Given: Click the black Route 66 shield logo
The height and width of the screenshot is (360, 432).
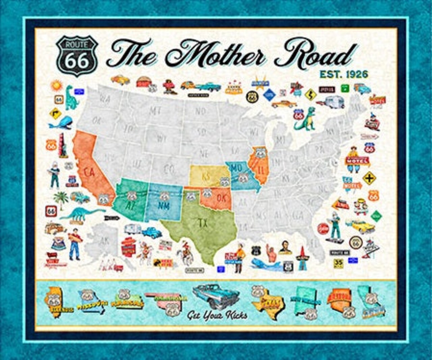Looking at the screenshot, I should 77,56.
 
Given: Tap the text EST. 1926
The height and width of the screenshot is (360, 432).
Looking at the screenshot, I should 344,74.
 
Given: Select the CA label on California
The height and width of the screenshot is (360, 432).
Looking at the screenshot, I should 89,173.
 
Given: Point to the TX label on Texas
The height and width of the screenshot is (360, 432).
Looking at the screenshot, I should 202,222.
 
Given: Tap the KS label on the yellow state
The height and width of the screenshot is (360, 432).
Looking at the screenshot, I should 206,176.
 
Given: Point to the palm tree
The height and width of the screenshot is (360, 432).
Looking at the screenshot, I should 61,200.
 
